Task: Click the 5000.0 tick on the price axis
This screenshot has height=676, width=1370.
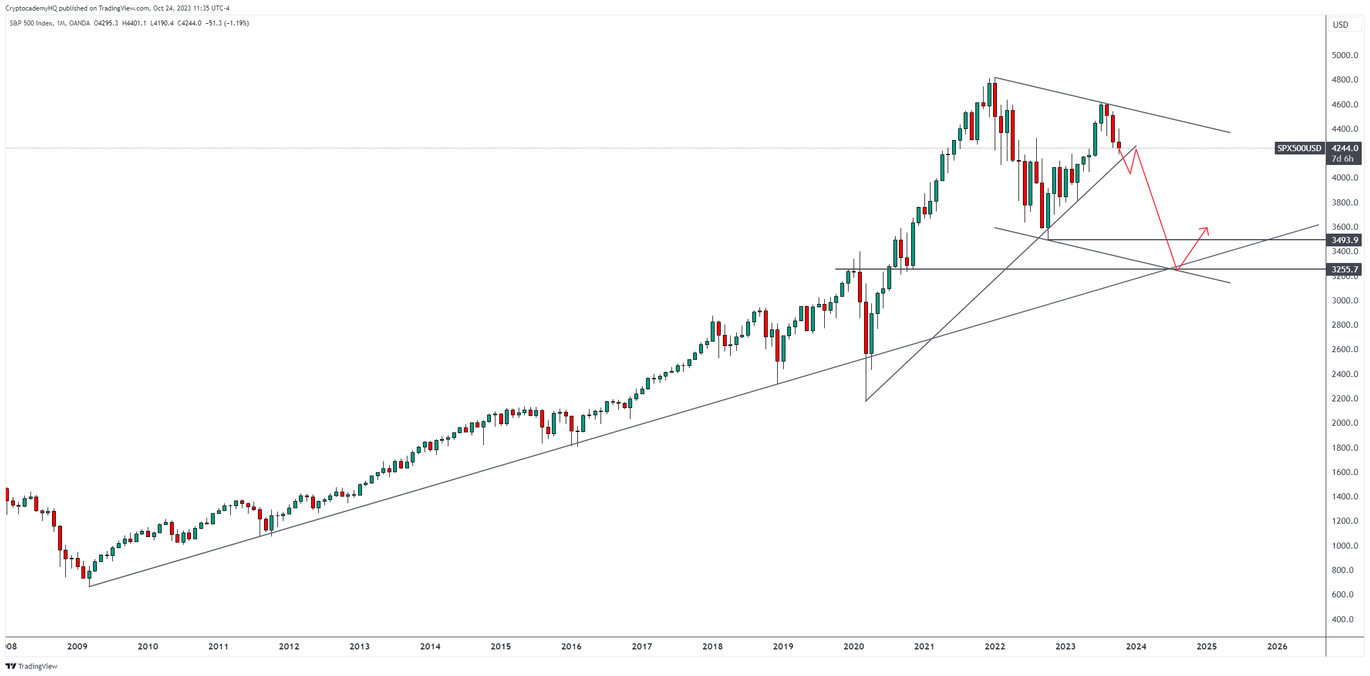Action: pos(1345,55)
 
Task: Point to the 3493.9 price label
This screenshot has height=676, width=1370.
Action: pos(1345,240)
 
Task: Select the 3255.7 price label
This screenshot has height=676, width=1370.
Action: pos(1345,270)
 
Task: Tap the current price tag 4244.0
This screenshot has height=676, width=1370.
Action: pos(1345,148)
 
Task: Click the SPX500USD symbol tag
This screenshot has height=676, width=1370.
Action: pos(1299,148)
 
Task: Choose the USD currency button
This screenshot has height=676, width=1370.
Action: pos(1340,24)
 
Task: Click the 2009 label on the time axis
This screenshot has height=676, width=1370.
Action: pos(77,646)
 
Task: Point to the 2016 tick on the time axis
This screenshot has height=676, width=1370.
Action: pos(571,646)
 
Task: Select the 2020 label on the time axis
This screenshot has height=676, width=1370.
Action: pos(854,646)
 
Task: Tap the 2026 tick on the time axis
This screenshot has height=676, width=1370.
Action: pos(1277,646)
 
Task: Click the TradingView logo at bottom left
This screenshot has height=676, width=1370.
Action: pos(32,666)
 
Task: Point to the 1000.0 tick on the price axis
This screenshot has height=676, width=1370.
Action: pos(1345,545)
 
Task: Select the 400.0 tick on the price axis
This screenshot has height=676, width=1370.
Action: pos(1345,619)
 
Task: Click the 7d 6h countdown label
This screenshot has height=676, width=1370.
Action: pos(1342,159)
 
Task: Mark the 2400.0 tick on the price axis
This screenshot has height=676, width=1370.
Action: pos(1345,374)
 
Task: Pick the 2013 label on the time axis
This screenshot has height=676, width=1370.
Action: pos(359,646)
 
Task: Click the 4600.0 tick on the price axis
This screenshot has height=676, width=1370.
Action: pos(1345,105)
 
